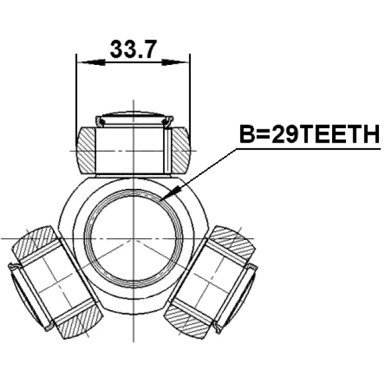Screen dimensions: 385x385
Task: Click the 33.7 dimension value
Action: pos(133,49)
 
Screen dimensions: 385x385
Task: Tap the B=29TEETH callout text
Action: pos(310,134)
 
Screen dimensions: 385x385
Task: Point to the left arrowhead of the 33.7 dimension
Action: pos(91,63)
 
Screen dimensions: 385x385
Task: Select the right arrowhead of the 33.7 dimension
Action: pos(176,63)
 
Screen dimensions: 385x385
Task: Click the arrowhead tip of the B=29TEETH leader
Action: pos(160,200)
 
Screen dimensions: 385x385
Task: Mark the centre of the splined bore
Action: pos(134,239)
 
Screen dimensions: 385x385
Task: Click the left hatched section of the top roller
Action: pos(86,151)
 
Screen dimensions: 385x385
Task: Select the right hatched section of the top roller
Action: pos(180,151)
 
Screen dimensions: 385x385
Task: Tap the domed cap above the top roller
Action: pos(134,118)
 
